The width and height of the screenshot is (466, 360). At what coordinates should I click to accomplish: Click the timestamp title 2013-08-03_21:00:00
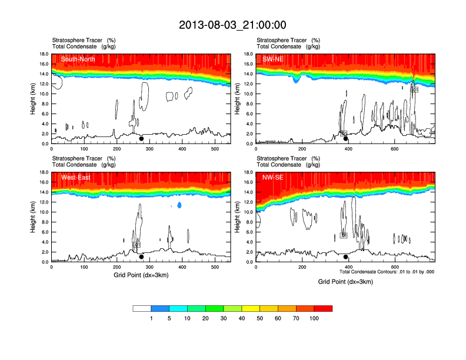click(x=232, y=25)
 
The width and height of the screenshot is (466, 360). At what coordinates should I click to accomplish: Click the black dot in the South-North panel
click(x=141, y=139)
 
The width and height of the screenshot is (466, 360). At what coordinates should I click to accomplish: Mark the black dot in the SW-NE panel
click(x=346, y=139)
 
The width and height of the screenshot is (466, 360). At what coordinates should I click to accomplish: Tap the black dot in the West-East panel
click(x=141, y=257)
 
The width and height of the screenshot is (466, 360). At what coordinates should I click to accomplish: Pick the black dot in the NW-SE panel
click(x=346, y=257)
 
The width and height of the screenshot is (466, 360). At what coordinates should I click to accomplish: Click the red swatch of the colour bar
click(x=323, y=308)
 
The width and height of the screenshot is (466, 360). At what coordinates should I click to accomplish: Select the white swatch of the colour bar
click(x=142, y=308)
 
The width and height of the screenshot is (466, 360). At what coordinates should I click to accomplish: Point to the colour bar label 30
click(x=224, y=318)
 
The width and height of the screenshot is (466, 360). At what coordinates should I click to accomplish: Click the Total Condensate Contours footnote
click(x=387, y=272)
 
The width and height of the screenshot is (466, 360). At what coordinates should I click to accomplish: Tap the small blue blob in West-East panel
click(x=179, y=205)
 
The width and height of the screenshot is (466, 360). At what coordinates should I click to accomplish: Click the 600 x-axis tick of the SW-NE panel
click(x=394, y=149)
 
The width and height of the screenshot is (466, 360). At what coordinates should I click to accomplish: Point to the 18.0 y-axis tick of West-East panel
click(x=43, y=172)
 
